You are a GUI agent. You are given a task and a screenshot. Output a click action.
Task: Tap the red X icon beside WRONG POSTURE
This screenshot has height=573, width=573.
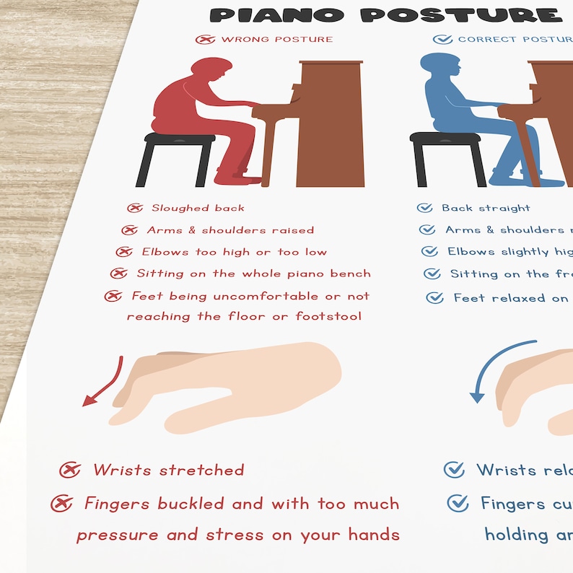tap(205, 39)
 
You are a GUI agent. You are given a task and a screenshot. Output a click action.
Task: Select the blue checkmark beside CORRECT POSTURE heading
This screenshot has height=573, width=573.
tap(442, 39)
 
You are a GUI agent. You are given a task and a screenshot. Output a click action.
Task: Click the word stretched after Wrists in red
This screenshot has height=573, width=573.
tap(201, 471)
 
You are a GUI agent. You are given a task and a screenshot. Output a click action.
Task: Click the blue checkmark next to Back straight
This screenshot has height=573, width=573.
tap(425, 208)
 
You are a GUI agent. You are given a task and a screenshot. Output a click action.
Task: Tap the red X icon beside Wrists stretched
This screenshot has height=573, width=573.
tap(69, 471)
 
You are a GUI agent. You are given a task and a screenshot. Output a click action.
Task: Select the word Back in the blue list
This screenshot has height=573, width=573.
tap(457, 208)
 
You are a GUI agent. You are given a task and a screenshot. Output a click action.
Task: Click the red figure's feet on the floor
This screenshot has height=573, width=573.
tap(242, 178)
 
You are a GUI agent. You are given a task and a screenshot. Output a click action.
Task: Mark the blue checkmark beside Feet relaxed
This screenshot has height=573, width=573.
tap(434, 297)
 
